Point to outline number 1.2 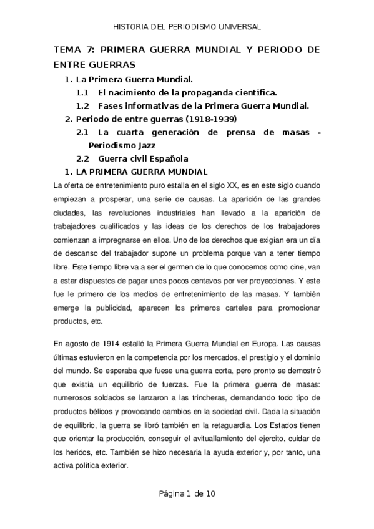tap(82, 106)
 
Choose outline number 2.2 tap(82, 158)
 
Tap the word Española tap(165, 158)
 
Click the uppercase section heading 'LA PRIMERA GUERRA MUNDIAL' tap(141, 172)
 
